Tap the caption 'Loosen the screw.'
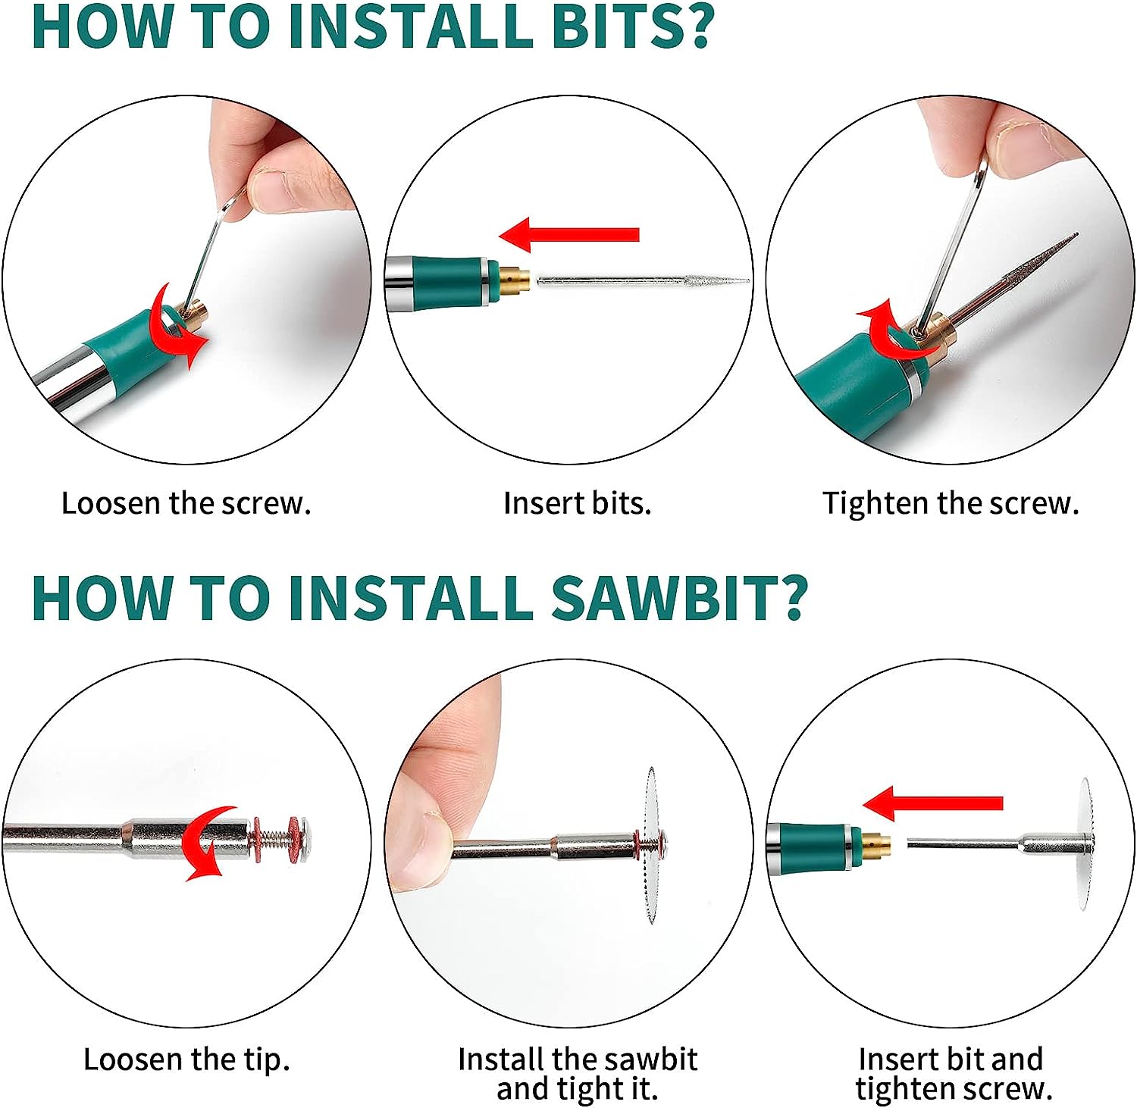coord(186,503)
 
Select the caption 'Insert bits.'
coord(578,503)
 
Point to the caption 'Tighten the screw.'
coord(951,503)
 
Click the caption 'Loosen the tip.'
coord(187,1059)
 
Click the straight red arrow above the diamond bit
coord(569,234)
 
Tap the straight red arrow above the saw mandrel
coord(932,803)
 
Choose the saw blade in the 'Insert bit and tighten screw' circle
coord(1085,844)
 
